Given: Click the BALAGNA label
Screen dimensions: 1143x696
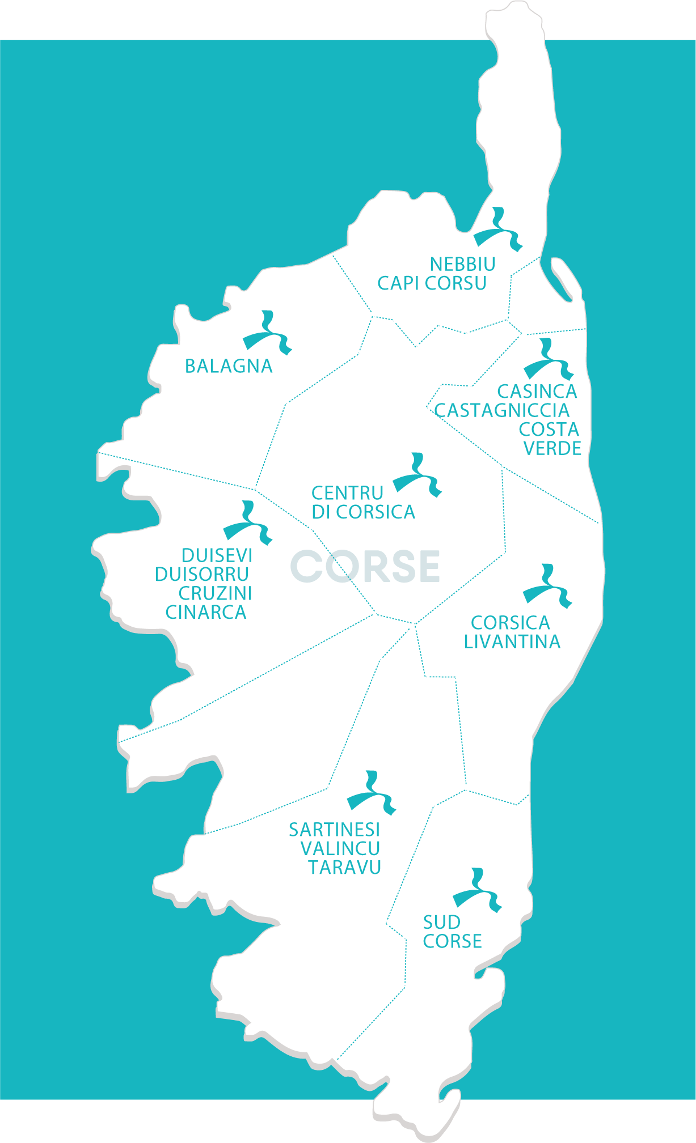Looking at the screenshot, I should (x=229, y=366).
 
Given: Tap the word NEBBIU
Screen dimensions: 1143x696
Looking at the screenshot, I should (x=462, y=264).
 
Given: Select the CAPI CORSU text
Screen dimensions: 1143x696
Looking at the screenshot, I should (x=432, y=283).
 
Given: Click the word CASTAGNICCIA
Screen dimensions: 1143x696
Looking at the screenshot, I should (x=502, y=410).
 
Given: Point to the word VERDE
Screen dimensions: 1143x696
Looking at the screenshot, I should (x=552, y=448).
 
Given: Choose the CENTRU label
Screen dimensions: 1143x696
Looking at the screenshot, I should (x=347, y=493).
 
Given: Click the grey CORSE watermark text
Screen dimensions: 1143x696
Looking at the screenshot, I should (x=365, y=566).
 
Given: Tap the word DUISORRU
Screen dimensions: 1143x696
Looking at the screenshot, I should (x=202, y=574).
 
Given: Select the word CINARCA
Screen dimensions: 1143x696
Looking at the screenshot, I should (x=206, y=612).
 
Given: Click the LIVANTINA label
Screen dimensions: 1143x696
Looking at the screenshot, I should (x=512, y=641).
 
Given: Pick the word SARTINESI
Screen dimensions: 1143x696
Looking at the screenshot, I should (x=335, y=830).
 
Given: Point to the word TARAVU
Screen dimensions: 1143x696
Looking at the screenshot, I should (x=344, y=867).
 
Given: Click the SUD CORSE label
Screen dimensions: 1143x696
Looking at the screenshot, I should (x=452, y=932).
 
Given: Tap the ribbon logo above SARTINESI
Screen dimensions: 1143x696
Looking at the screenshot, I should (x=372, y=793).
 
